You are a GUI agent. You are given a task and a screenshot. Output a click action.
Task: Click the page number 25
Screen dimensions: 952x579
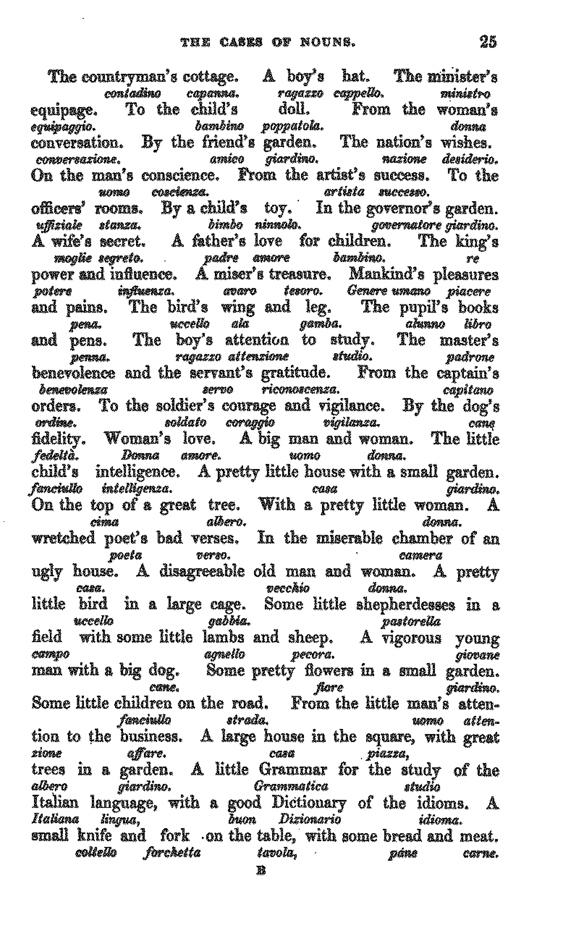(x=488, y=42)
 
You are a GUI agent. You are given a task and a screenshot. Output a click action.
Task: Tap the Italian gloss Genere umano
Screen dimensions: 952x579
(x=388, y=291)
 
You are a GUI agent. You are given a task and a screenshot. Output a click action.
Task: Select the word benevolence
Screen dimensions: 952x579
(x=73, y=373)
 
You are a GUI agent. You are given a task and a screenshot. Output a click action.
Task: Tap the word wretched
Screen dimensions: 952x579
(x=63, y=538)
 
